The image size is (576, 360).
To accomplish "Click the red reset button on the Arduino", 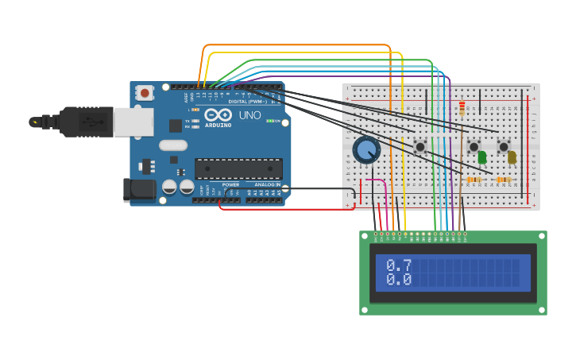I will click(x=145, y=93).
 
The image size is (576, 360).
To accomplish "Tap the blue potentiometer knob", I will click(x=365, y=150).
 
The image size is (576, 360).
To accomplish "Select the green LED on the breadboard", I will click(x=482, y=157).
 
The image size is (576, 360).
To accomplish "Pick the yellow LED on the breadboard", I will click(x=512, y=157).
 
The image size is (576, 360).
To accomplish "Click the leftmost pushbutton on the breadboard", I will click(x=420, y=146).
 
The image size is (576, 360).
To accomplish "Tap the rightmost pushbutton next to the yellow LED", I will click(x=503, y=146).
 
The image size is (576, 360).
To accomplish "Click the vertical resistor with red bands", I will click(x=462, y=108).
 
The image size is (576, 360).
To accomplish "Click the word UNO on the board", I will click(x=249, y=115).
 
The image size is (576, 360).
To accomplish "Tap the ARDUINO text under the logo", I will click(x=218, y=125).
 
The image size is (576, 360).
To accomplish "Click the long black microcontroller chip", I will click(x=238, y=168).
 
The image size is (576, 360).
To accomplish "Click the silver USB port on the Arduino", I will click(x=133, y=122).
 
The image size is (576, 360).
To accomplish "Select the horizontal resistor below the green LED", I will click(x=474, y=180).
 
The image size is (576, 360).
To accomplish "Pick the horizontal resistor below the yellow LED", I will click(x=503, y=180).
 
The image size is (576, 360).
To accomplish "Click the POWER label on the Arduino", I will click(x=230, y=184).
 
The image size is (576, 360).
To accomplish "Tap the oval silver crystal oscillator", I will click(x=173, y=145).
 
